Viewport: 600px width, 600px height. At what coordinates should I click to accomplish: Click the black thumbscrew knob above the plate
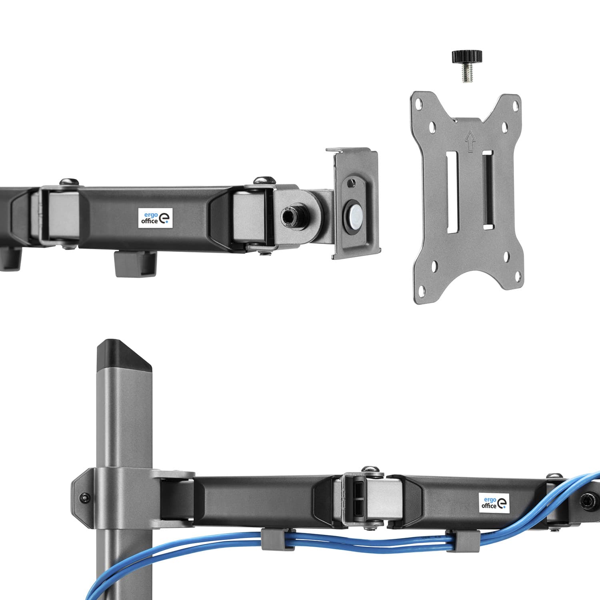pos(467,56)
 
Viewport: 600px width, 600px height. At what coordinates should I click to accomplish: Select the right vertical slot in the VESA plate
pos(487,190)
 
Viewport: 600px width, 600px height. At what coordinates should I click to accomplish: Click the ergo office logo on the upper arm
pos(155,218)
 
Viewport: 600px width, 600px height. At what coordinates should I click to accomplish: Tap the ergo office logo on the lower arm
pos(494,502)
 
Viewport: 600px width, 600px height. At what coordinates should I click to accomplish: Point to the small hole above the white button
pos(351,184)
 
